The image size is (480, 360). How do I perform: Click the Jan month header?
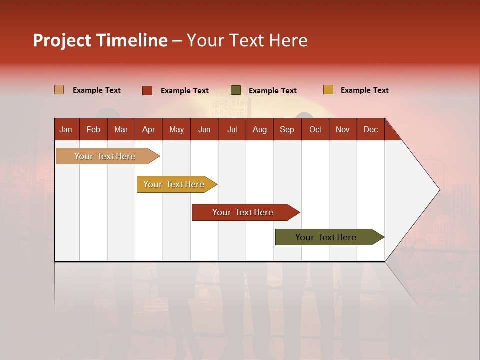pos(66,129)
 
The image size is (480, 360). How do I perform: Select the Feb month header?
pos(93,129)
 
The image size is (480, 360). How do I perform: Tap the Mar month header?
pos(121,129)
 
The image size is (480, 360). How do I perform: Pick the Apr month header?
pos(149,129)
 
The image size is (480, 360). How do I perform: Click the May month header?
pos(176,129)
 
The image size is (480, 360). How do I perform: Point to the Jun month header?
pos(204,129)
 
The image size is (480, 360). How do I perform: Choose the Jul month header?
pos(232,129)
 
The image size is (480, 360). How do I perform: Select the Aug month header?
pos(260,129)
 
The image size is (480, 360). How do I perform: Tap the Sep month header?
pos(287,129)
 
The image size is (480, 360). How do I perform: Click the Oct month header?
pos(315,129)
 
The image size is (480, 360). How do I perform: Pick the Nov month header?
pos(343,129)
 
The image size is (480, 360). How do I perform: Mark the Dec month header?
pos(371,129)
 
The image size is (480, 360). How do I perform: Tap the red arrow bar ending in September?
pos(243,212)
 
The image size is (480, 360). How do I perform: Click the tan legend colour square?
pos(59,90)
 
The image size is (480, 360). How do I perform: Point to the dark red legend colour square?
pos(147,90)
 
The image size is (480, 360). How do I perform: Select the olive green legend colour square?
pos(236,90)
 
